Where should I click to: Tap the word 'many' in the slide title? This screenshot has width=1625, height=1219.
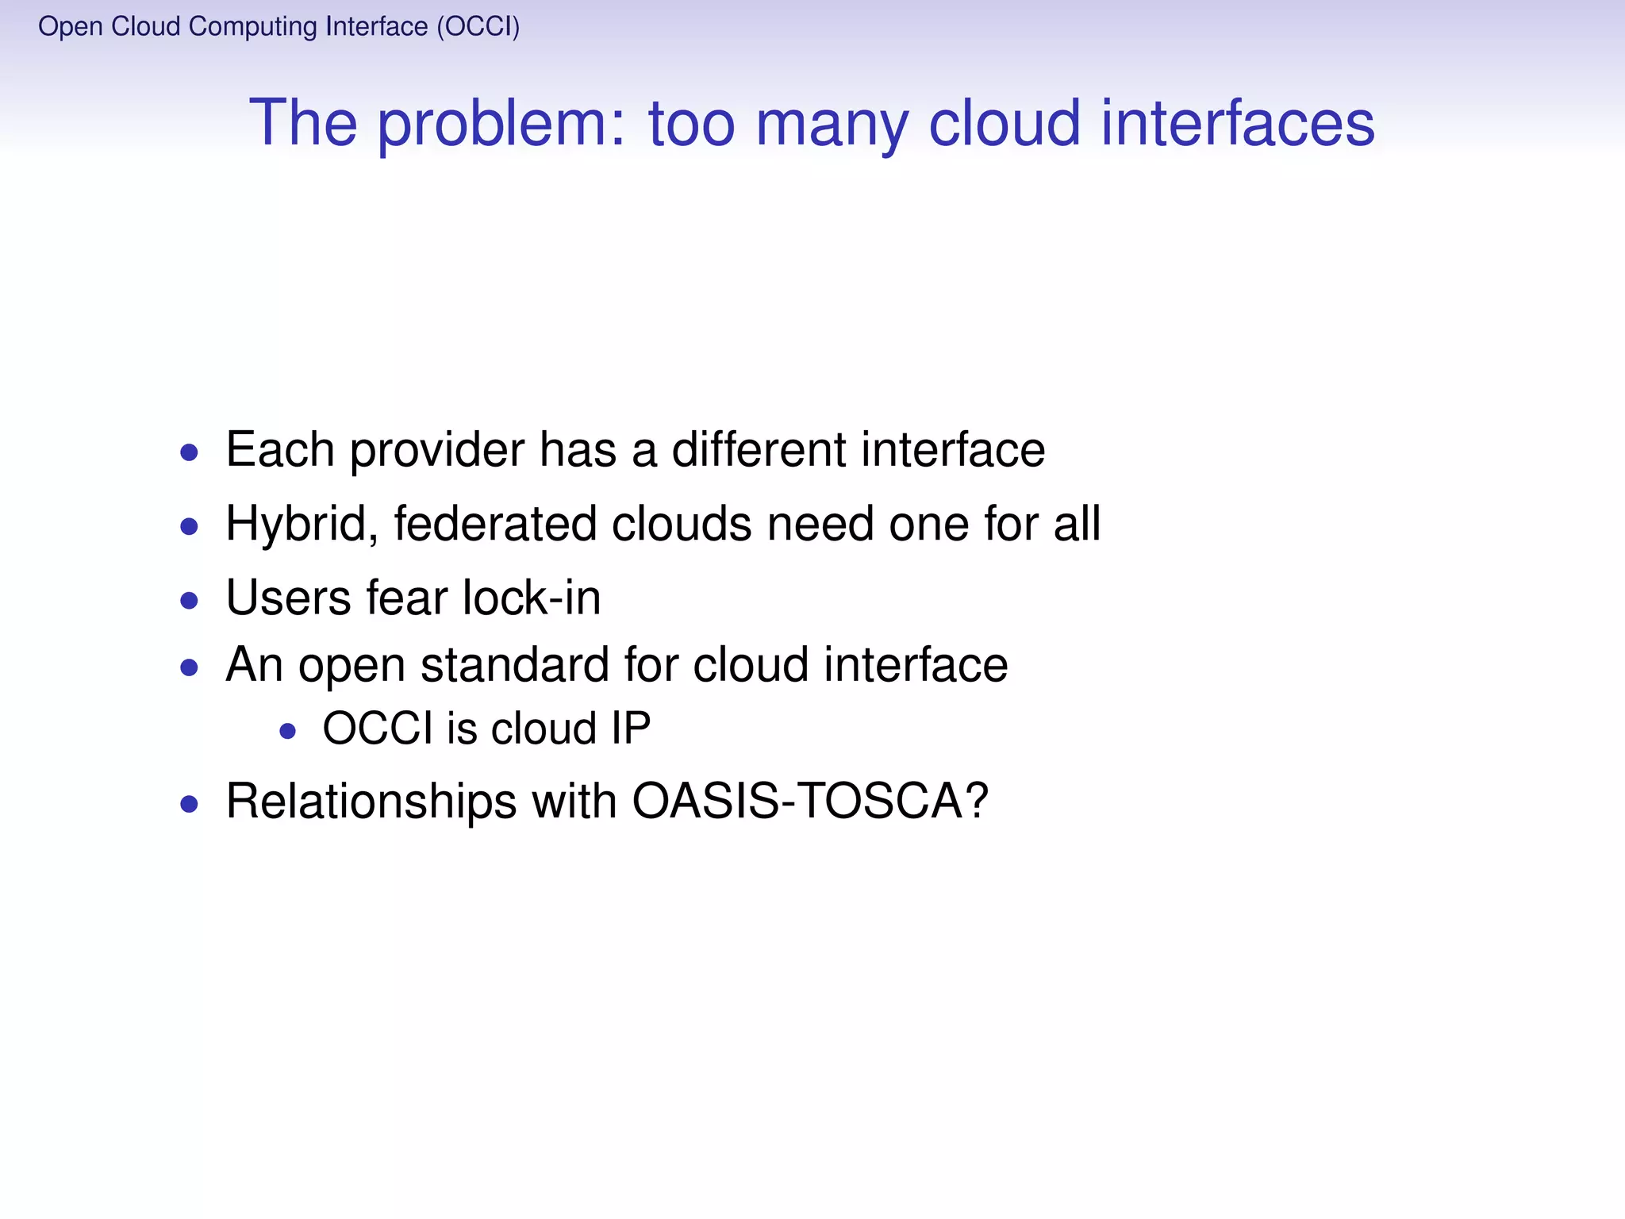(x=832, y=124)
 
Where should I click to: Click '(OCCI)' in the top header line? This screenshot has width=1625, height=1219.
(x=478, y=27)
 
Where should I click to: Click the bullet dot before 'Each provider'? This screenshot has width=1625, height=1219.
(x=189, y=453)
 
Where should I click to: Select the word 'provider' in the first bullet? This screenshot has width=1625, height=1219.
(x=436, y=450)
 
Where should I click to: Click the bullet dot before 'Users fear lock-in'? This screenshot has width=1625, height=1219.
(x=189, y=600)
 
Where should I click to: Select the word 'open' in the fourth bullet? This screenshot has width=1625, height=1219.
(x=352, y=666)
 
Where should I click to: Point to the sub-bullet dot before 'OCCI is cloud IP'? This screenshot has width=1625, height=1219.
(x=288, y=731)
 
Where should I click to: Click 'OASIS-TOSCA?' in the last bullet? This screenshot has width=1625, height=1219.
(x=810, y=801)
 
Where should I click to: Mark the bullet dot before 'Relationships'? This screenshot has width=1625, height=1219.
(x=189, y=805)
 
